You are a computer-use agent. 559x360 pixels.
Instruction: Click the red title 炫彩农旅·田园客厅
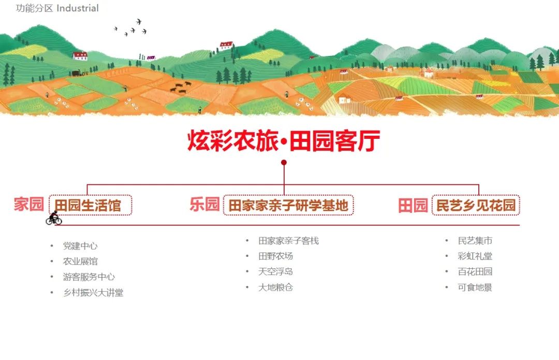click(x=284, y=141)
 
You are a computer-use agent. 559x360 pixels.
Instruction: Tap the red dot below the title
click(x=284, y=163)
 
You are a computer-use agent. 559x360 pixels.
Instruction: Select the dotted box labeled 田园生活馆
click(x=90, y=205)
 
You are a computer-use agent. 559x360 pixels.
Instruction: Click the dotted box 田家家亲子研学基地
click(x=288, y=205)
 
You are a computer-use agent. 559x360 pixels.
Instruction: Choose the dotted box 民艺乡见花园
click(x=476, y=205)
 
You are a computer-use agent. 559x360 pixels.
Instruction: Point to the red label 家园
click(x=29, y=204)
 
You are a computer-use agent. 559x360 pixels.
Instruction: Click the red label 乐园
click(x=205, y=205)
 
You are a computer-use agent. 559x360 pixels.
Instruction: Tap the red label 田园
click(x=413, y=205)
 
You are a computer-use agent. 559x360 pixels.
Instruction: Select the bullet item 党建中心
click(x=80, y=246)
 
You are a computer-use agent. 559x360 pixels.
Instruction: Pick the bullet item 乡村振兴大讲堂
click(x=93, y=293)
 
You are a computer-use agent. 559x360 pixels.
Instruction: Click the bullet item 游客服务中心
click(x=89, y=277)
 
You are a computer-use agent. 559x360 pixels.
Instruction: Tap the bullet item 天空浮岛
click(x=276, y=271)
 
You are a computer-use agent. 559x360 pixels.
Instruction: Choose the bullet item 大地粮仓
click(x=276, y=287)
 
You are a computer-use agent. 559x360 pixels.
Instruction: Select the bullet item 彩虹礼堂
click(x=475, y=256)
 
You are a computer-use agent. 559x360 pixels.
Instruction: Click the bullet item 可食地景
click(x=475, y=287)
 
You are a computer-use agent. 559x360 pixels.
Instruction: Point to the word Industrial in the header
click(x=78, y=8)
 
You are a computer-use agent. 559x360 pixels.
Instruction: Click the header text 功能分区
click(x=35, y=8)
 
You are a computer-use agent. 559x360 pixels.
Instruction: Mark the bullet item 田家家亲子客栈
click(x=289, y=241)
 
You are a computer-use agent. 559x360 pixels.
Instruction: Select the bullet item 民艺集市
click(x=475, y=241)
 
